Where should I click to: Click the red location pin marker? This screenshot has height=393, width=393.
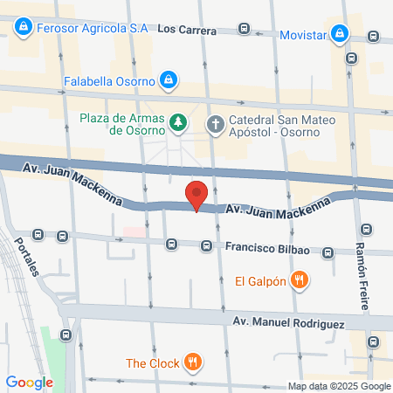(197, 196)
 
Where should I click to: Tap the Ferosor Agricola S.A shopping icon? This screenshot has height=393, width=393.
(24, 29)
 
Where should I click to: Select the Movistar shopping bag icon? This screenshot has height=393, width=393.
(344, 36)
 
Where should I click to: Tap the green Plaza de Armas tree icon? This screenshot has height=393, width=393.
(178, 121)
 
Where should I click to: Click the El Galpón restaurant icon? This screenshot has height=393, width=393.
(300, 280)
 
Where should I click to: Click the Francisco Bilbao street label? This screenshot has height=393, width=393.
(265, 248)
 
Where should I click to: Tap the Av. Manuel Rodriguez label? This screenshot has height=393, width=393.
(289, 322)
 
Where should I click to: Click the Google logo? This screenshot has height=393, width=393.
(29, 382)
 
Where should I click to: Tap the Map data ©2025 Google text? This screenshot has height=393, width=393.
(340, 386)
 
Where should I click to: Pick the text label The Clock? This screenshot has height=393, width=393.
(152, 362)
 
